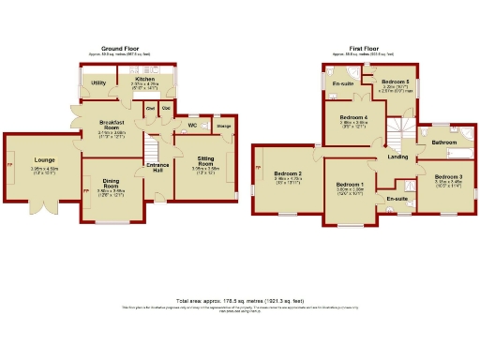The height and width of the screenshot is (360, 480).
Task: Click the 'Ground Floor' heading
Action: (x=120, y=49)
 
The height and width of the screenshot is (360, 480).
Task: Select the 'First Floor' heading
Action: (x=367, y=49)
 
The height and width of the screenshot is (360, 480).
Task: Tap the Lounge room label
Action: (x=44, y=160)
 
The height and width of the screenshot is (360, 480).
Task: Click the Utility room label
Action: (x=98, y=83)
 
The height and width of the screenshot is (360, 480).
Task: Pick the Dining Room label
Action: (x=112, y=183)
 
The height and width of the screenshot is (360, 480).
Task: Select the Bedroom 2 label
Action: (x=288, y=174)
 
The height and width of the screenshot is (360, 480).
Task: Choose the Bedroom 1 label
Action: (x=350, y=186)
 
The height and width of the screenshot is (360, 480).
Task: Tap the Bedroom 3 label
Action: (x=448, y=176)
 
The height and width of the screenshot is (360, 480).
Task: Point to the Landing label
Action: (x=397, y=157)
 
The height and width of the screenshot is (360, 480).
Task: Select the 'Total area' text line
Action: (x=240, y=303)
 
